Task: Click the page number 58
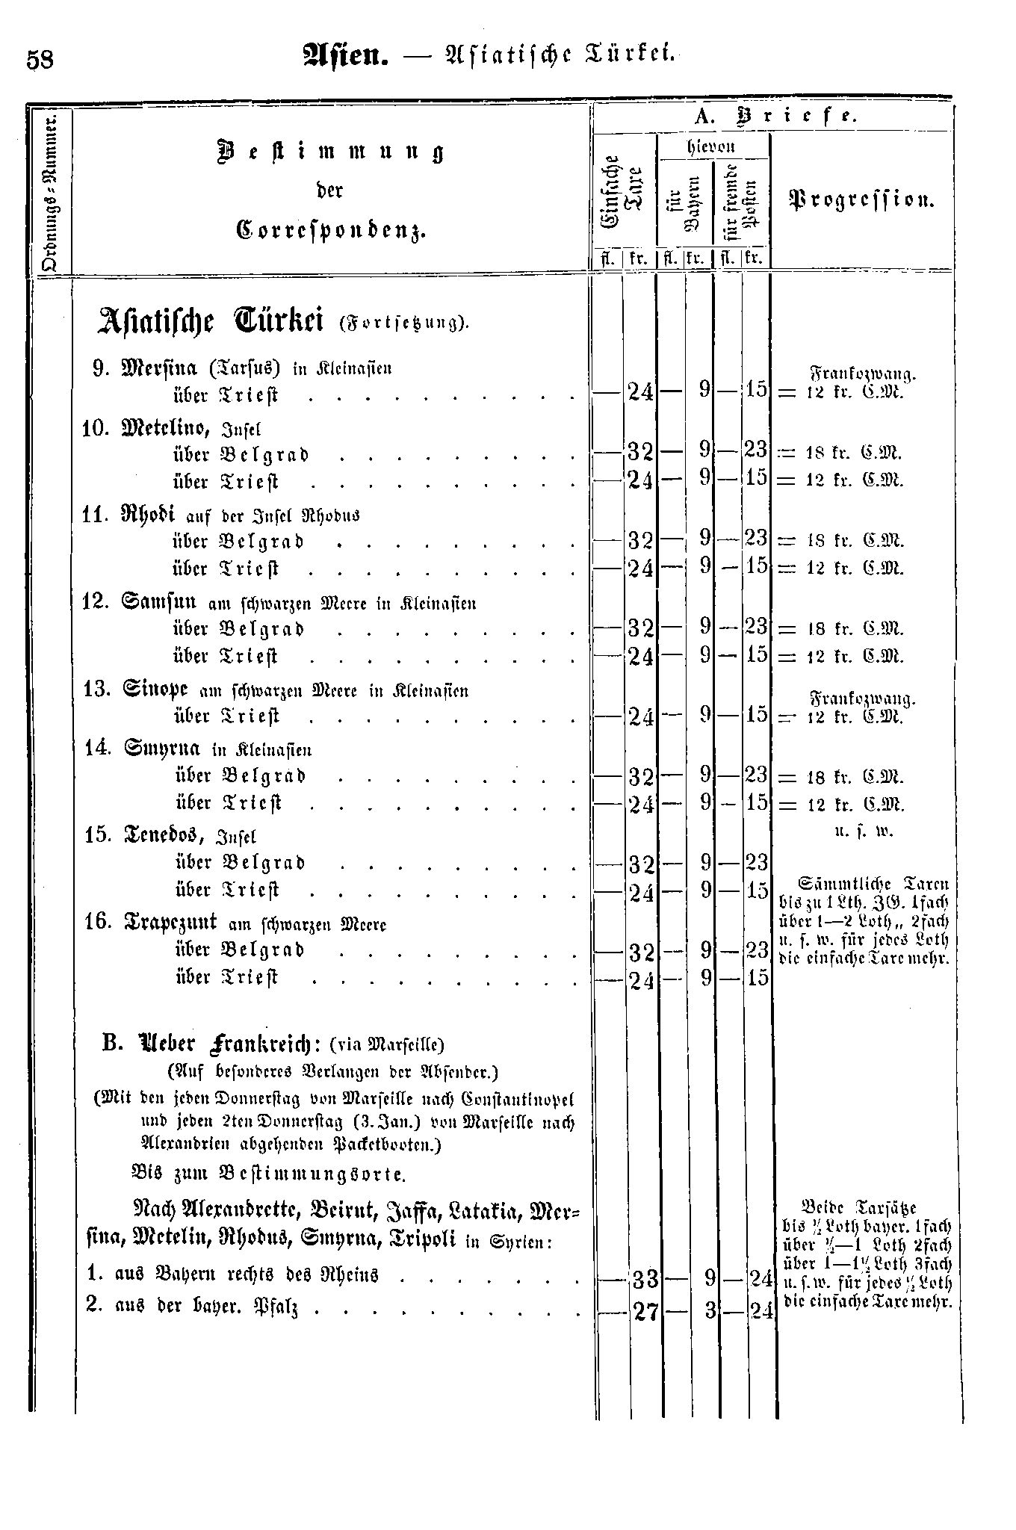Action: click(40, 60)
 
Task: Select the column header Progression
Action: click(861, 200)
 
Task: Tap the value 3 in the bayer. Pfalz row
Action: click(707, 1310)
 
